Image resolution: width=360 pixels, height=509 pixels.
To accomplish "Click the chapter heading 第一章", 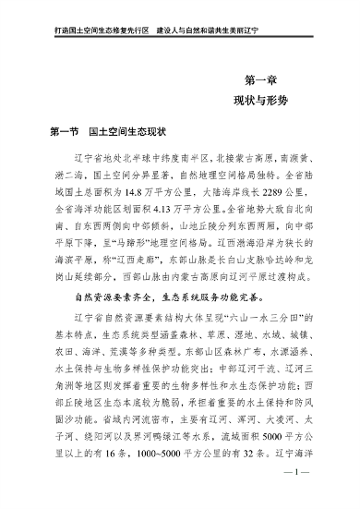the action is click(x=261, y=79).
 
